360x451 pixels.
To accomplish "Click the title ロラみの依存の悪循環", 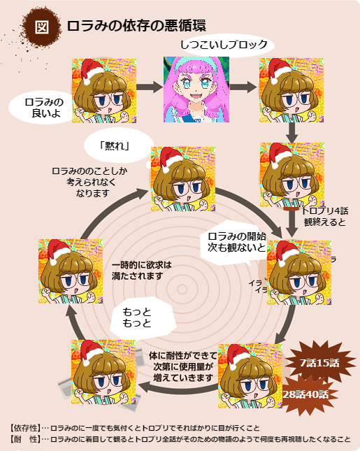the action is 136,26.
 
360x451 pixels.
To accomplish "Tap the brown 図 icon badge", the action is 42,27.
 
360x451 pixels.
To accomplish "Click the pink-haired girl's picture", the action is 196,90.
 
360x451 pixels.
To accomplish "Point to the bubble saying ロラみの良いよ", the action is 42,108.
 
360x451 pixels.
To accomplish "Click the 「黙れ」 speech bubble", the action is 117,146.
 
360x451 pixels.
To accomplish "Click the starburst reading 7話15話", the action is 319,363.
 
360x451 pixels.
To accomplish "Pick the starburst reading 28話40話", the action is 305,394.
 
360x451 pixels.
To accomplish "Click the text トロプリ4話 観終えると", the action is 325,216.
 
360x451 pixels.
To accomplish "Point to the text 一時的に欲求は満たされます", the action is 141,271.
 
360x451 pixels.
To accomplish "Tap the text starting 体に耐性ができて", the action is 183,366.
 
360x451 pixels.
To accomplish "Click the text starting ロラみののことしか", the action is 89,182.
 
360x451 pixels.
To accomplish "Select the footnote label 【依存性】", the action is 25,429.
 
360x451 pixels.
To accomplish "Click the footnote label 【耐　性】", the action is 25,439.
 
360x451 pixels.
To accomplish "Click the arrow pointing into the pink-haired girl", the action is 150,87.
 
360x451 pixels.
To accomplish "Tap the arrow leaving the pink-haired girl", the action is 243,87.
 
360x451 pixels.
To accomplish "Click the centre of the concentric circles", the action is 182,289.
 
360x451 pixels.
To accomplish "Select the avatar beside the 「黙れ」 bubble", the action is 183,179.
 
